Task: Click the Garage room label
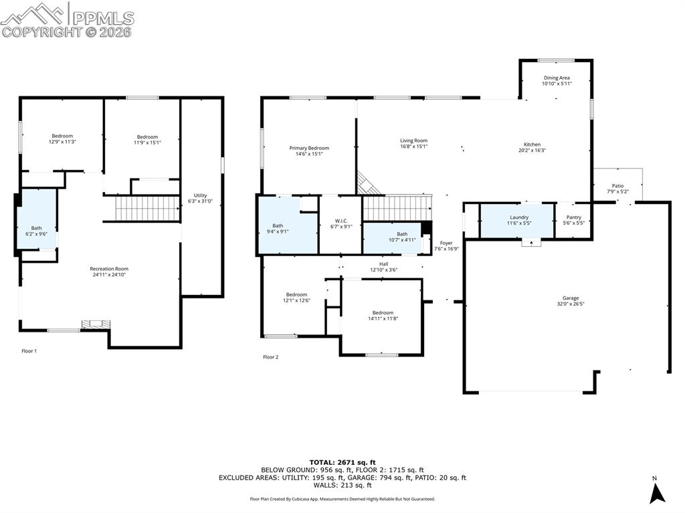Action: pos(571,298)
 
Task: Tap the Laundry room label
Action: pos(519,217)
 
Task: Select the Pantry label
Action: pos(573,217)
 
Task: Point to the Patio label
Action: pos(617,186)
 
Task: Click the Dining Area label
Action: pos(557,78)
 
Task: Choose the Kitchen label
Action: pos(532,144)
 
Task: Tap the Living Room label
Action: pos(413,140)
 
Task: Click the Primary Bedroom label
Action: pos(309,148)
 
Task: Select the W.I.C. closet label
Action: pos(340,221)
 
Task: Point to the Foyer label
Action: pos(446,243)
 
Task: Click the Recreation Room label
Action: pos(109,269)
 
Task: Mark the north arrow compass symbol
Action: pos(657,494)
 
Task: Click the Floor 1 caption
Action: pos(29,351)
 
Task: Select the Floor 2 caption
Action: pos(270,357)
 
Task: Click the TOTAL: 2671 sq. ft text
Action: pos(342,462)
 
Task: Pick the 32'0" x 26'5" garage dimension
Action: pos(571,304)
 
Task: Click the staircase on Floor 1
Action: pos(148,209)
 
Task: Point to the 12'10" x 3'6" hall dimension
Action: pos(383,270)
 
